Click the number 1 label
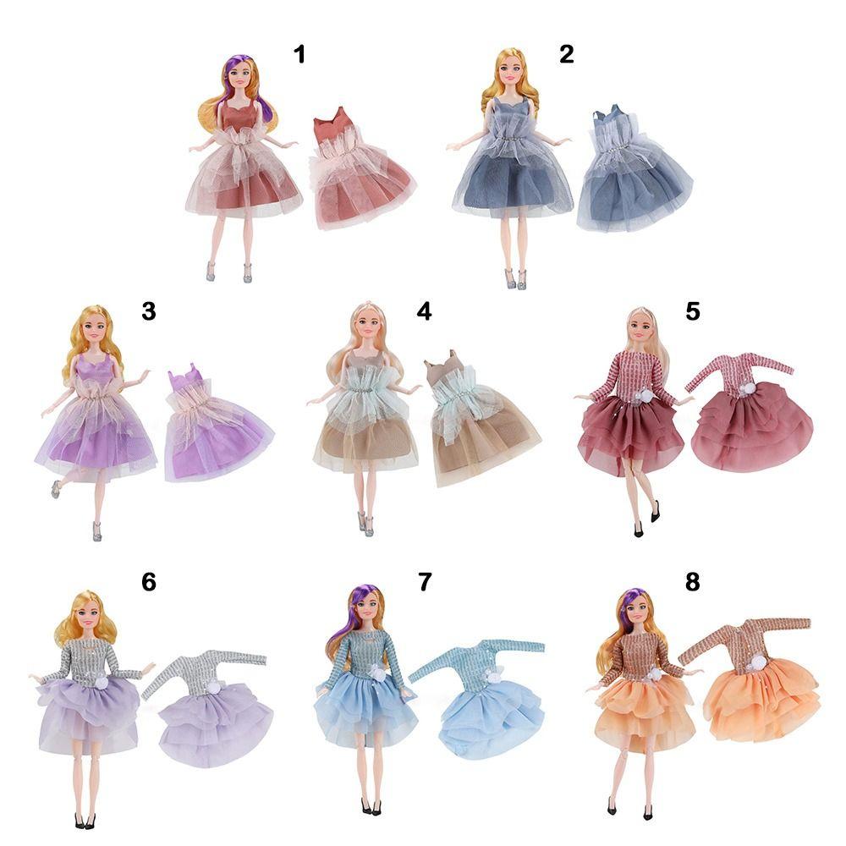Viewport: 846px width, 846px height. (299, 55)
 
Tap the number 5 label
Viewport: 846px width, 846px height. (693, 311)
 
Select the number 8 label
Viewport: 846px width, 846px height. (693, 582)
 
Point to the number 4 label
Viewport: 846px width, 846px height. (424, 311)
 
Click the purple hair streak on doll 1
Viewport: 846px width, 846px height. (233, 74)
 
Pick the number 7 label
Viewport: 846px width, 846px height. (424, 582)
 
